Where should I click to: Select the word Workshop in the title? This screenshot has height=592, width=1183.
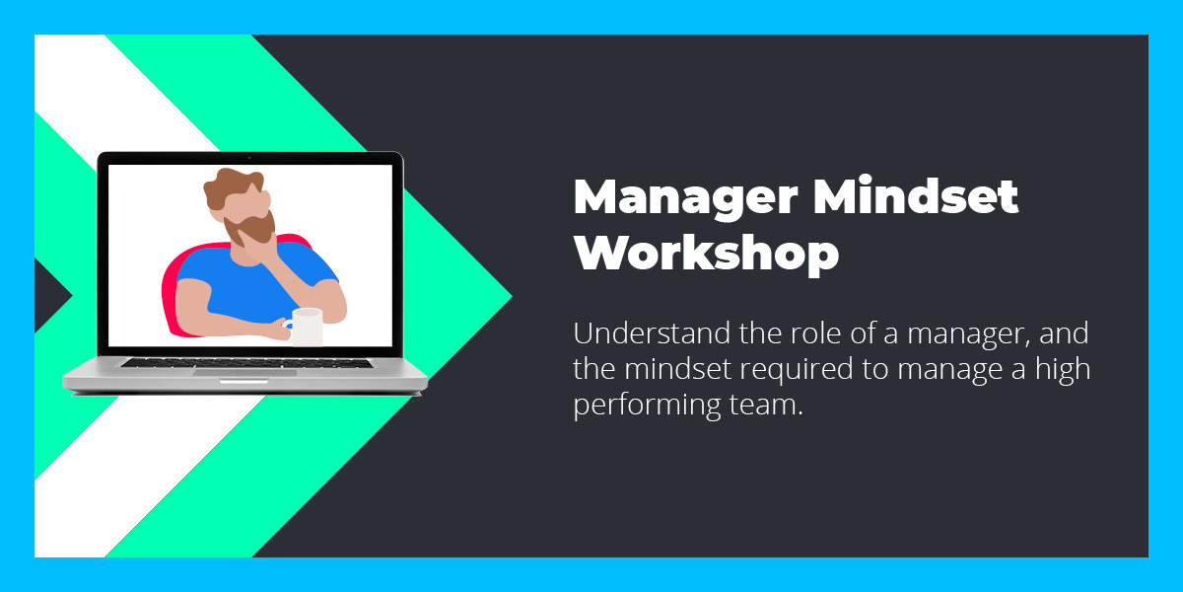point(706,254)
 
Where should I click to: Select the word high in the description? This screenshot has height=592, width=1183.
point(1065,370)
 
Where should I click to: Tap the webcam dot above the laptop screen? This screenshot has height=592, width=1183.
point(249,158)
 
